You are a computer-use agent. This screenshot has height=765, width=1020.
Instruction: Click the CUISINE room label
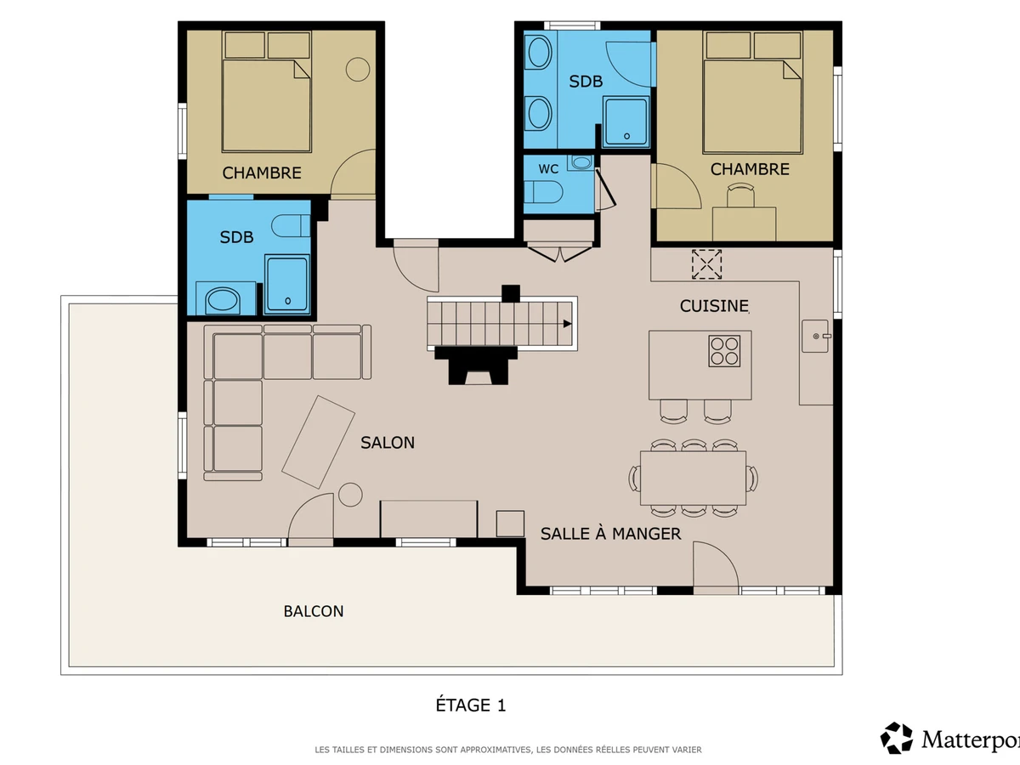[x=714, y=306]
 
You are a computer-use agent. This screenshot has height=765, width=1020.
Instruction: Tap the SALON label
[x=388, y=443]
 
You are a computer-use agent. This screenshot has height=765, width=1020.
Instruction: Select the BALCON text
[x=314, y=611]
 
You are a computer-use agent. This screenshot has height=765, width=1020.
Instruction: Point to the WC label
[x=548, y=169]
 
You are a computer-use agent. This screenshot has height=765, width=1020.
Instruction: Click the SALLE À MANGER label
[x=610, y=534]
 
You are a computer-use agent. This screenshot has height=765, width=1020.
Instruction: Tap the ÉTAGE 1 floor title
[x=470, y=705]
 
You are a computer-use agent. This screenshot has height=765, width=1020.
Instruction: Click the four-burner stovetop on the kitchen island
[x=724, y=351]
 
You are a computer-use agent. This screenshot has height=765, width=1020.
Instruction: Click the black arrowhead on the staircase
[x=568, y=324]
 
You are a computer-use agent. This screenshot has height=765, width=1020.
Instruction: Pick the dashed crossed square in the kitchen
[x=706, y=264]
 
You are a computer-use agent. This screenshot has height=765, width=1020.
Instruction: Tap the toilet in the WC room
[x=543, y=192]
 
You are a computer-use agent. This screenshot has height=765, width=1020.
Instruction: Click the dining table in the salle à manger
[x=694, y=478]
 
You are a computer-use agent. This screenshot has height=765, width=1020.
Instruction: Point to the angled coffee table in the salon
[x=318, y=442]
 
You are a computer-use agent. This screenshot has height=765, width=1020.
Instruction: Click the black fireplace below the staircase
[x=476, y=365]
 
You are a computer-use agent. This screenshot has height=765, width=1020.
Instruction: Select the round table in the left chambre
[x=358, y=69]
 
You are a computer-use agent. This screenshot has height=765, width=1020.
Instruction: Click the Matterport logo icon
[x=897, y=738]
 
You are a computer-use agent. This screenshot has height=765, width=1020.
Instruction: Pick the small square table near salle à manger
[x=510, y=524]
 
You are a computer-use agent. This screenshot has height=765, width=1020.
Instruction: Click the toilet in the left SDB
[x=291, y=226]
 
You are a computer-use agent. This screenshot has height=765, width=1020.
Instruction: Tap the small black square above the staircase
[x=511, y=293]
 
